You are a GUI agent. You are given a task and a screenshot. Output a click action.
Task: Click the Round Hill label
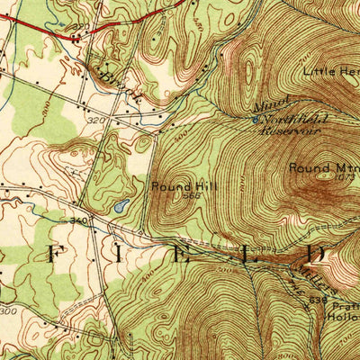pyautogui.click(x=184, y=186)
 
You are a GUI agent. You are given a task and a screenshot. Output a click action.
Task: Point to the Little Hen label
pyautogui.click(x=330, y=70)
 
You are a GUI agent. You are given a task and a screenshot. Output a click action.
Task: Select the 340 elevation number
pyautogui.click(x=78, y=220)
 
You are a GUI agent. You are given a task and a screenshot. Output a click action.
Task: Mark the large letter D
pyautogui.click(x=313, y=256)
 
